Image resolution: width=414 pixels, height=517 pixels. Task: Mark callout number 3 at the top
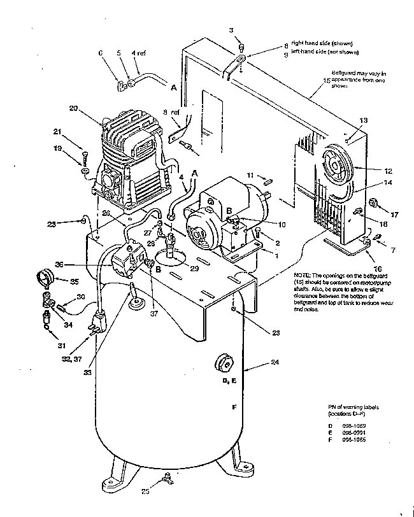pyautogui.click(x=231, y=30)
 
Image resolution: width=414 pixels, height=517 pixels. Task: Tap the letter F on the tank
pyautogui.click(x=234, y=406)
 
